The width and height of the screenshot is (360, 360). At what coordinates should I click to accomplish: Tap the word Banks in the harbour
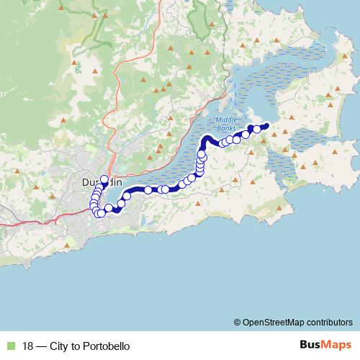point(226,129)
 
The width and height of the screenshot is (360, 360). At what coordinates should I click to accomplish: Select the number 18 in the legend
point(28,345)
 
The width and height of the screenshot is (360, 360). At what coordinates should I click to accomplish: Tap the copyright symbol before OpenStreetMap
point(238,322)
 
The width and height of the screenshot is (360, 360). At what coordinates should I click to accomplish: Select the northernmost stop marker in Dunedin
point(104,179)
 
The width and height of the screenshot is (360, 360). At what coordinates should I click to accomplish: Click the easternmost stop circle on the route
point(257,129)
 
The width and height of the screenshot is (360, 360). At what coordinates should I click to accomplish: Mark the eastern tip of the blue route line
point(267,126)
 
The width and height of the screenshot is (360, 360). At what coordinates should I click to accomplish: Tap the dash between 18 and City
point(42,345)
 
